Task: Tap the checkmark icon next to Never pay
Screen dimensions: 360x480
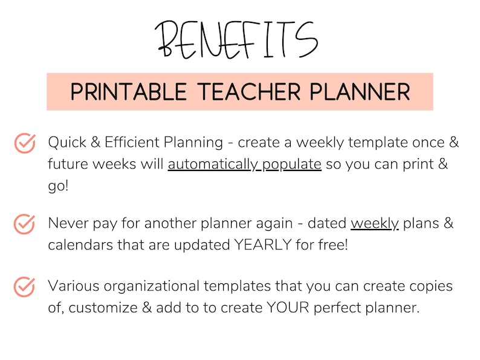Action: tap(24, 224)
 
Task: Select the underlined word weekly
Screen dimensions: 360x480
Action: tap(375, 223)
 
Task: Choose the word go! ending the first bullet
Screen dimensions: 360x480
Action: tap(59, 185)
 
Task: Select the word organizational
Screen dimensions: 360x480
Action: tap(147, 286)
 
